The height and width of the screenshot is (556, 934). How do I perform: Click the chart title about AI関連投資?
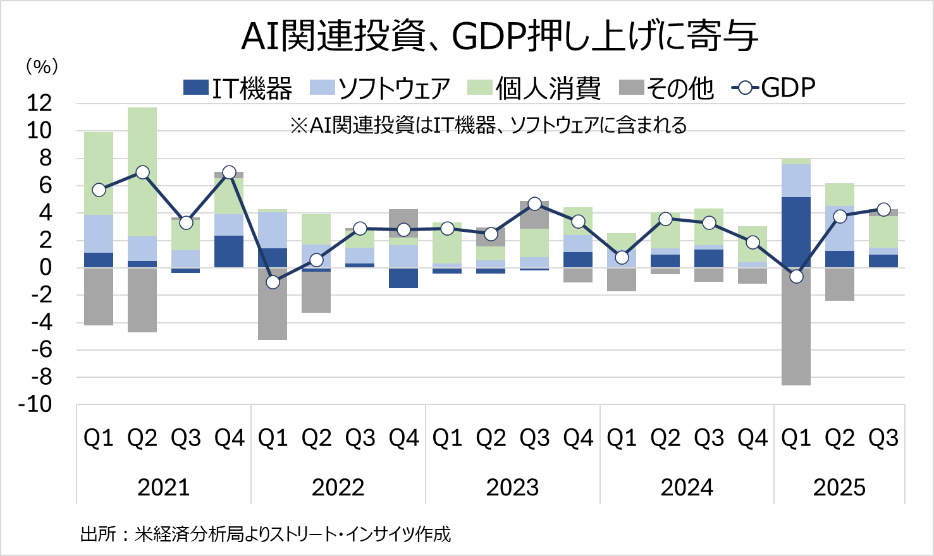click(500, 36)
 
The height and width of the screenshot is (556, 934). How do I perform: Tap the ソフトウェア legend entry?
click(380, 88)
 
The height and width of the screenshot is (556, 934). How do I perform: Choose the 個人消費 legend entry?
click(534, 88)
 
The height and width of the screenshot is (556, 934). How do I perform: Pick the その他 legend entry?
click(667, 88)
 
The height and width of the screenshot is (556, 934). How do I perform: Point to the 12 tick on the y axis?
click(39, 104)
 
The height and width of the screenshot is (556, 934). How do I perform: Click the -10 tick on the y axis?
click(35, 404)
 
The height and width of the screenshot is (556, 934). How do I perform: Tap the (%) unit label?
click(42, 66)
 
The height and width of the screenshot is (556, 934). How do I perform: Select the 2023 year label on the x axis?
click(512, 488)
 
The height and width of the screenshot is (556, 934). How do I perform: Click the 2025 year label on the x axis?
click(839, 488)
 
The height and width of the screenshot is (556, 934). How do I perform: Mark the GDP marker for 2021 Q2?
click(142, 172)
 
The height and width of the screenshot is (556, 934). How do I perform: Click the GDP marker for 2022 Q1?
click(273, 282)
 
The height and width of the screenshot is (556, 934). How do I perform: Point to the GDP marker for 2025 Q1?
click(796, 276)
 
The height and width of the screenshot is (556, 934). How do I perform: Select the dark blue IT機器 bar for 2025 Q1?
click(796, 232)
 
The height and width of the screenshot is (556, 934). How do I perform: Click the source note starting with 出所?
click(266, 535)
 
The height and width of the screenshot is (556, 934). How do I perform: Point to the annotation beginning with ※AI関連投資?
click(488, 126)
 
